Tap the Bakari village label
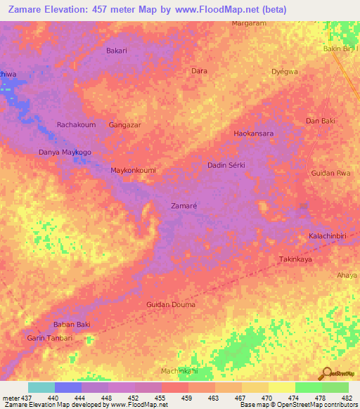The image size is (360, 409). point(116,51)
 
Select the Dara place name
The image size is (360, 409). point(199,71)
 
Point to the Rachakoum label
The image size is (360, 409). point(76,124)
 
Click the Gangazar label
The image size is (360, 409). point(125,124)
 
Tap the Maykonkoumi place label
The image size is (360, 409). point(133,170)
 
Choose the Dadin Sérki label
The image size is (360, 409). point(230,165)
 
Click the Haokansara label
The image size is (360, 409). point(253,133)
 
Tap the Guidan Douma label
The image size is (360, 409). point(171,304)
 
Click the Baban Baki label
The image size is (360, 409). point(72,324)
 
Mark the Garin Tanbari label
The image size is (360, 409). point(49,338)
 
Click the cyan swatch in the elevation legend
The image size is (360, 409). point(41,387)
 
